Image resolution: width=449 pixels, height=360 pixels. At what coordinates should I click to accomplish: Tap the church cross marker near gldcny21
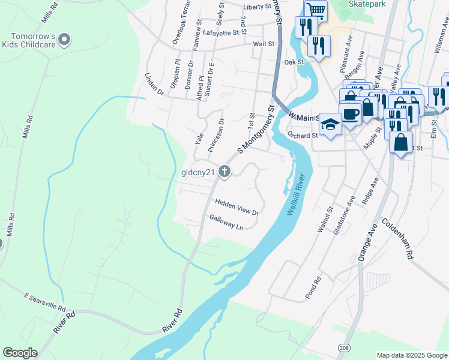coord(224,172)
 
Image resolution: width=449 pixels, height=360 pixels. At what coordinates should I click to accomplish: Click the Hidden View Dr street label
coord(236,208)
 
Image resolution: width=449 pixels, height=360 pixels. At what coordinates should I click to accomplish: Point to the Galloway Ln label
coord(226,223)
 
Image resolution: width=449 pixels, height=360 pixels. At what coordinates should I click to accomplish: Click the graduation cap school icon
coord(330,124)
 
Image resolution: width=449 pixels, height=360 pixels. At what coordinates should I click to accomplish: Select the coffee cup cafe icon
coord(351,113)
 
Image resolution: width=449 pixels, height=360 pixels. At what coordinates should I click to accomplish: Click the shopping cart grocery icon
coord(315,10)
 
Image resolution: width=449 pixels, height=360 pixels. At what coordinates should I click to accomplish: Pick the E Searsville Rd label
coord(44,301)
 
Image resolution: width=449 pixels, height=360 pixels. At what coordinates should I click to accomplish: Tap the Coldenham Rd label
coord(403,240)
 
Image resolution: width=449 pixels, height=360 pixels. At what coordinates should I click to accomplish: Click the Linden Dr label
coord(154,85)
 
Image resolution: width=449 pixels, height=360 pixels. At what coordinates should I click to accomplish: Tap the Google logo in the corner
coord(20,353)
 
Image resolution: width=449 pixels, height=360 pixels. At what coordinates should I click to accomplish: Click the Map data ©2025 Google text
coord(412,355)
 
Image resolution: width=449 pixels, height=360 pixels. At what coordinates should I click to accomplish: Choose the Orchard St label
coord(301,135)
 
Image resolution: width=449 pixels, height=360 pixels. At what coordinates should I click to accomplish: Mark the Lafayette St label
coord(217,33)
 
